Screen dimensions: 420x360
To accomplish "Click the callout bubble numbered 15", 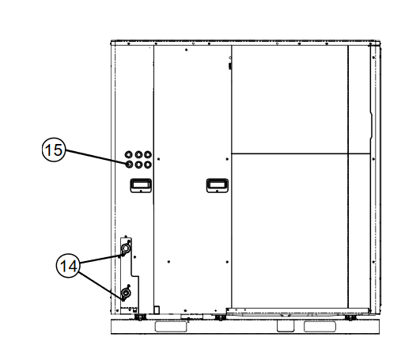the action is [x=54, y=150].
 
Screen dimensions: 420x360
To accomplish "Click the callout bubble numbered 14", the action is [x=68, y=266].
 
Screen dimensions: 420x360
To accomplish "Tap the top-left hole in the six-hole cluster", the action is [x=129, y=154].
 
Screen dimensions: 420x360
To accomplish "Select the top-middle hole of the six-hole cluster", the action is [x=138, y=154].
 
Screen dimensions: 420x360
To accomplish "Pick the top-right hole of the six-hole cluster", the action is [x=148, y=154].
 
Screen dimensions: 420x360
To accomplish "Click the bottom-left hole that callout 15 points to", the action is [x=129, y=165].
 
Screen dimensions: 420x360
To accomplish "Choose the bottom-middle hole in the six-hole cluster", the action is [x=138, y=165].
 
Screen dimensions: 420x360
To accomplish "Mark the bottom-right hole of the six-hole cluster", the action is [x=148, y=165].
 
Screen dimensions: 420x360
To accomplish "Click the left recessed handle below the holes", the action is [x=141, y=185].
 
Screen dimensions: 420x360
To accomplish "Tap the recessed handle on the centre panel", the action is [x=218, y=185].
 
